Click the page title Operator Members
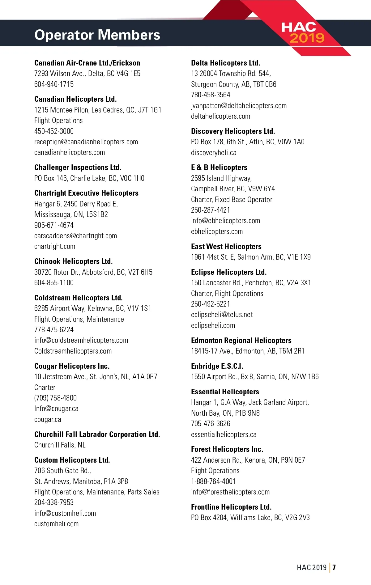coord(97,35)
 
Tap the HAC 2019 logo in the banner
coord(302,32)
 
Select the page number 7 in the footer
coord(334,567)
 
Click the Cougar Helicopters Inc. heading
coord(72,366)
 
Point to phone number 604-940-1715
coord(54,84)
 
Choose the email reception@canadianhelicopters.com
coord(86,142)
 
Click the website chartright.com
coord(55,246)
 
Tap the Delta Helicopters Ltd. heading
coord(225,63)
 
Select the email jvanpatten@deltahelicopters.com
coord(239,106)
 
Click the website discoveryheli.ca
coord(214,153)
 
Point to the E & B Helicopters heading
coord(219,167)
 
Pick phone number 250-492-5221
coord(211,304)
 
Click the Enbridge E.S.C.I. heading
coord(217,366)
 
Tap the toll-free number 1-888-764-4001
coord(213,481)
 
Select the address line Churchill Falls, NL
coord(60,445)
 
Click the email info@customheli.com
coord(65,513)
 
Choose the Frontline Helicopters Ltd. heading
coord(231,507)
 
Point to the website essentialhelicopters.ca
coord(224,435)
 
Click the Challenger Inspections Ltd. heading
coord(78,167)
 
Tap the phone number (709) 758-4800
coord(55,398)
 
